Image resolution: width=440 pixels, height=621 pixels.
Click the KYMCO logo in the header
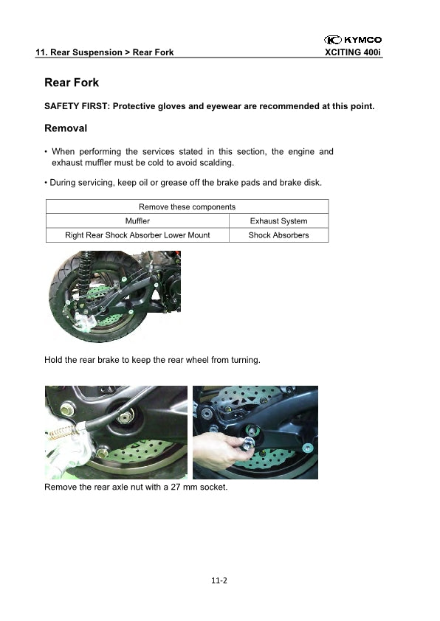[353, 40]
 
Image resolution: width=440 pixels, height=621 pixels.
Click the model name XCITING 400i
[353, 52]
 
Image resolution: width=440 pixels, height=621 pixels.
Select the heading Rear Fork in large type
[72, 83]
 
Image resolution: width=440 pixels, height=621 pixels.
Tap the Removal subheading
[66, 128]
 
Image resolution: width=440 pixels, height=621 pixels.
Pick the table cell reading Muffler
[137, 221]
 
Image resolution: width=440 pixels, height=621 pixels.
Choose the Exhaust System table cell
[278, 221]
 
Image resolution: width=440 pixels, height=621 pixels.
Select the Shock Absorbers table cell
[278, 235]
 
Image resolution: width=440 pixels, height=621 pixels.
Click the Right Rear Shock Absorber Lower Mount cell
[137, 235]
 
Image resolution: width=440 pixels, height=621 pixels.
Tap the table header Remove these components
[187, 207]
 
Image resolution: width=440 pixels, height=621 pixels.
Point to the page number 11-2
[219, 580]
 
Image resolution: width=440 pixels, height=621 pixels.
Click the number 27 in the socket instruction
[176, 487]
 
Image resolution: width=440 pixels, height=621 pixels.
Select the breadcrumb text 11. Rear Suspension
[79, 52]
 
